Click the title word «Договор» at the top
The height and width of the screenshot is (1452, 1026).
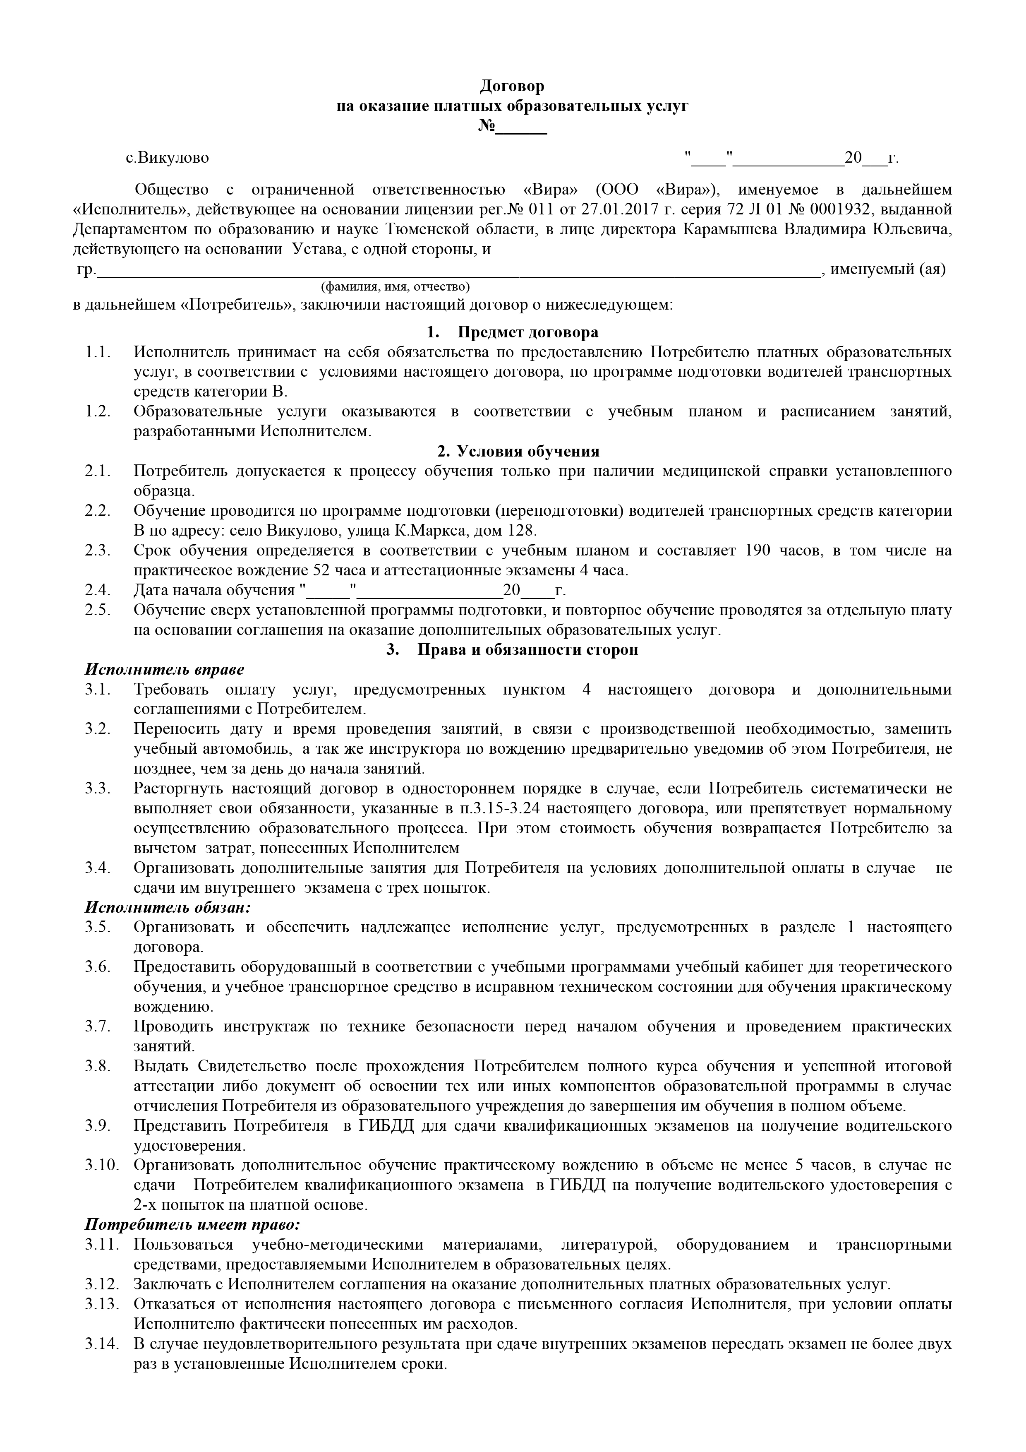tap(512, 85)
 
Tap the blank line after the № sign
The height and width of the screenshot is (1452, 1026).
tap(522, 130)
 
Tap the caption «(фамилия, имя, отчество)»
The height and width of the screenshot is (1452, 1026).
tap(396, 286)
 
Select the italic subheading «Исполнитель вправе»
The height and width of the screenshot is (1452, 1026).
tap(164, 669)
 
